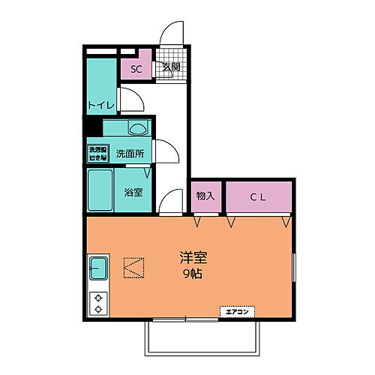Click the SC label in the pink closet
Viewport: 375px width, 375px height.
(136, 69)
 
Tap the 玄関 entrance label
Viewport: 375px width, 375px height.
(171, 67)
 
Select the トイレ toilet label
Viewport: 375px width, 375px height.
(100, 105)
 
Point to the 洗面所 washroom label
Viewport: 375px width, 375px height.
(130, 154)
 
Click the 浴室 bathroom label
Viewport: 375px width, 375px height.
(133, 191)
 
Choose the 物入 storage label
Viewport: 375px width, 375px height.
(205, 196)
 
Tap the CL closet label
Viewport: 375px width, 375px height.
(258, 196)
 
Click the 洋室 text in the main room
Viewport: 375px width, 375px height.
(193, 256)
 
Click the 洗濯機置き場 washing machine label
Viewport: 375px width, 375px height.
(98, 154)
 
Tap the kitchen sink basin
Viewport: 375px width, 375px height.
(99, 268)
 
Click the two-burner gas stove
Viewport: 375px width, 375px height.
(98, 302)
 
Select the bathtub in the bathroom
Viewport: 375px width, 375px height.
(100, 190)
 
